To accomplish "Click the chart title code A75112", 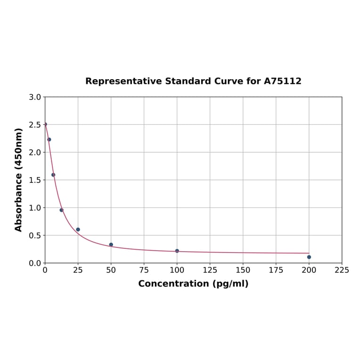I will [x=282, y=81].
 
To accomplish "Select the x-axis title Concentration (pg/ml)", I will [x=193, y=284].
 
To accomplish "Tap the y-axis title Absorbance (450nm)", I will [x=19, y=180].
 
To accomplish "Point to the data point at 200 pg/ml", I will [x=309, y=257].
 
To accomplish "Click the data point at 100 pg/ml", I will [x=177, y=251].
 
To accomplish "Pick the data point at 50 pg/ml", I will [x=111, y=245].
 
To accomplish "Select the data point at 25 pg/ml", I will [x=78, y=229].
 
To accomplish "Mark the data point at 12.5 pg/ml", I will [x=62, y=210].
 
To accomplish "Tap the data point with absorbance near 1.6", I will [x=53, y=175].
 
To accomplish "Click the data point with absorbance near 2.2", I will [x=49, y=139].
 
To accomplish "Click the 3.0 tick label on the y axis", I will [x=35, y=97].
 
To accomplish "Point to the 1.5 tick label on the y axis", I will [x=35, y=180].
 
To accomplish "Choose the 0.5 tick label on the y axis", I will [x=35, y=235].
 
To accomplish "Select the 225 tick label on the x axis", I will [x=342, y=270].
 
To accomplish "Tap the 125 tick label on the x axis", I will [x=210, y=270].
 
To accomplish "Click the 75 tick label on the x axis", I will [x=144, y=270].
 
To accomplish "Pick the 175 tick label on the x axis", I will [x=276, y=270].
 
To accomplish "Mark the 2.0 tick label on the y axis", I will [x=35, y=152].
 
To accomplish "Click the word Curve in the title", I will [x=228, y=81].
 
